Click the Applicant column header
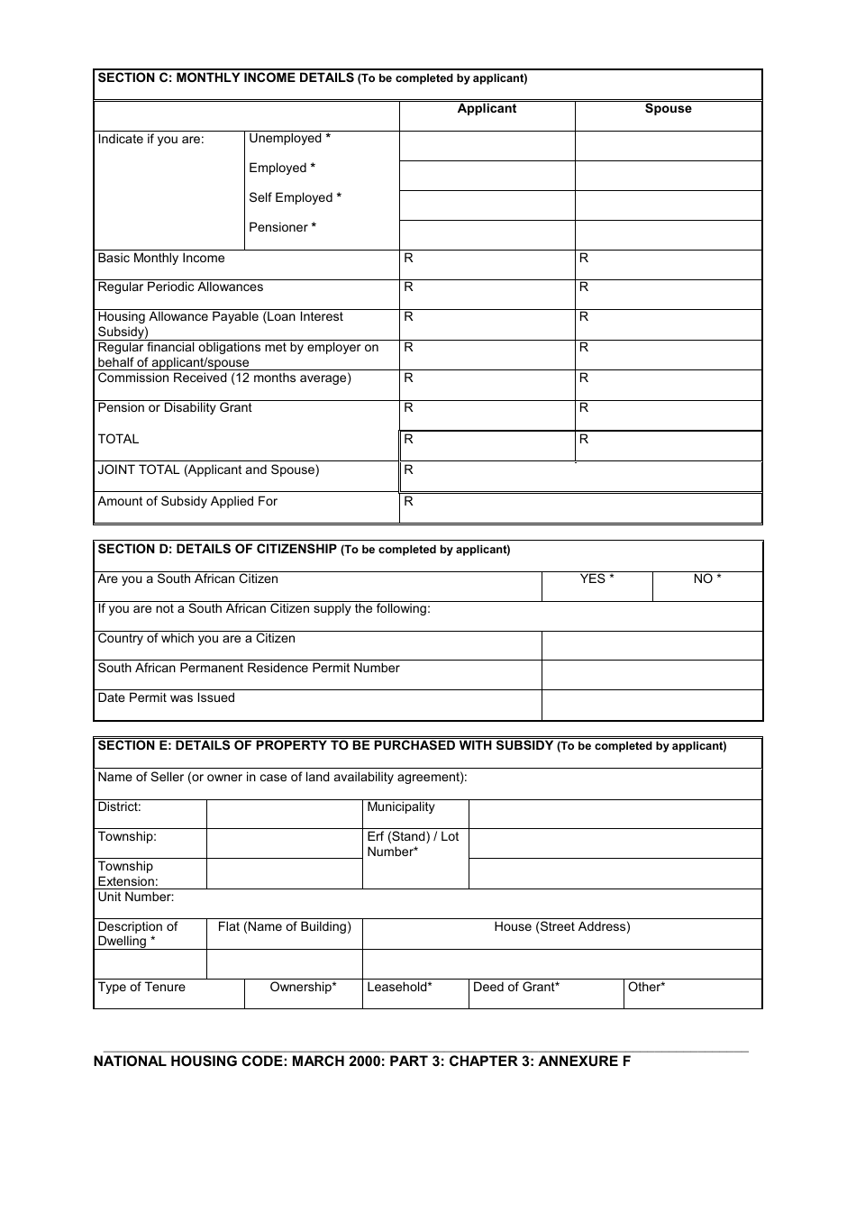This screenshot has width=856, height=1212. point(487,109)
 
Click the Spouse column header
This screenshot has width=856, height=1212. point(668,109)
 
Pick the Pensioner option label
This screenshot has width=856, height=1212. point(282,228)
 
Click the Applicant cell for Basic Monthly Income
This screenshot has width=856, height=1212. point(487,265)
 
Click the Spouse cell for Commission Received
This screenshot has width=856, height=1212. point(668,385)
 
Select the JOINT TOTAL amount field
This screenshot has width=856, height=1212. point(580,477)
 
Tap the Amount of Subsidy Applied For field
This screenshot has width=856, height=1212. point(580,507)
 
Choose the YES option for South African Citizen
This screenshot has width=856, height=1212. point(596,579)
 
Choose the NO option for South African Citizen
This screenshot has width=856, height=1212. point(707,579)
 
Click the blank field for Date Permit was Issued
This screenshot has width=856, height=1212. point(651,705)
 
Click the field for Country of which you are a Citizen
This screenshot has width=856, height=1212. point(651,645)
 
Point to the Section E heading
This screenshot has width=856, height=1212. point(412,746)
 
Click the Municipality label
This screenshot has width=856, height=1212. point(401,807)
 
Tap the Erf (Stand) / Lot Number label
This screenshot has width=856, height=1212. point(413,844)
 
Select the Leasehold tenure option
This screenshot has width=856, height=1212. point(399,988)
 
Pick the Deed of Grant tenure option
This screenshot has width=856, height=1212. point(516,988)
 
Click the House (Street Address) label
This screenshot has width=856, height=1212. point(562,927)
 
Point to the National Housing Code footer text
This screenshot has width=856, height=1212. point(362,1062)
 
